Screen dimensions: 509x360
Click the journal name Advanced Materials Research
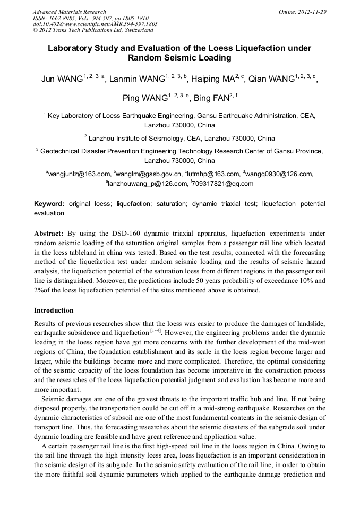click(70, 12)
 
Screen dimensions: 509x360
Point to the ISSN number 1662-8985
click(66, 18)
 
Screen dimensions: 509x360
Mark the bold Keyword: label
click(49, 204)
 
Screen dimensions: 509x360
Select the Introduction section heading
click(54, 310)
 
